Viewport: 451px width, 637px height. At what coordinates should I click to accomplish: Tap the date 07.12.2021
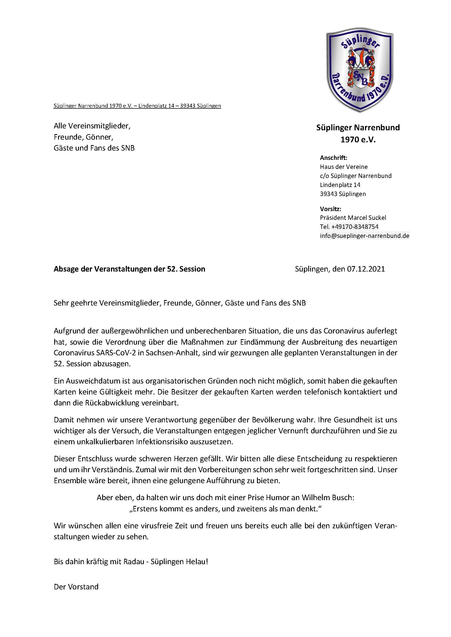tap(366, 269)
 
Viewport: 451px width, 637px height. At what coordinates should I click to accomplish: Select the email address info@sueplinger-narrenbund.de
tap(364, 236)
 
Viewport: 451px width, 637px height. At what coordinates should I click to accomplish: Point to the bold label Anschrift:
tap(333, 158)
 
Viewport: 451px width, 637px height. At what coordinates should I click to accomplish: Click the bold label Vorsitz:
tap(330, 209)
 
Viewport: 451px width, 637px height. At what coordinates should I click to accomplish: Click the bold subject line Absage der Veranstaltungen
tap(129, 269)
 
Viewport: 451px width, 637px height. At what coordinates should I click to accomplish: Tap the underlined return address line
tap(137, 106)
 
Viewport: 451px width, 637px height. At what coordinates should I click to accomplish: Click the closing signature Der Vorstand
tap(76, 587)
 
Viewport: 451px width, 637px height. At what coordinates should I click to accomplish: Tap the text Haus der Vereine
tap(344, 167)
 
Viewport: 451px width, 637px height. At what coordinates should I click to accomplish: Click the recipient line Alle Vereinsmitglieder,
tap(92, 126)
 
